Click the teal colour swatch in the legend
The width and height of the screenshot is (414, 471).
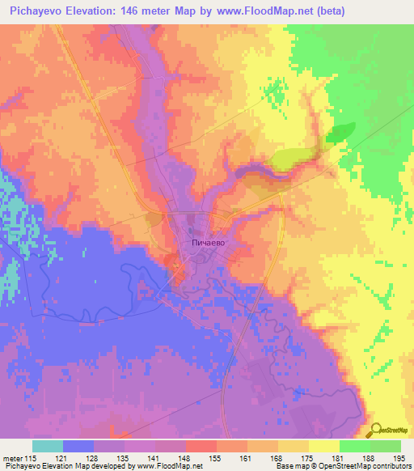coord(48,446)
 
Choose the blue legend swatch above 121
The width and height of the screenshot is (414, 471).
coord(78,446)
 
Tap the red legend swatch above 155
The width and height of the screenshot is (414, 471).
coord(200,446)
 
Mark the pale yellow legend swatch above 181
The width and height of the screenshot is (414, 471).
coord(323,446)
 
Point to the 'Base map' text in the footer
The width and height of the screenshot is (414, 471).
coord(292,467)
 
